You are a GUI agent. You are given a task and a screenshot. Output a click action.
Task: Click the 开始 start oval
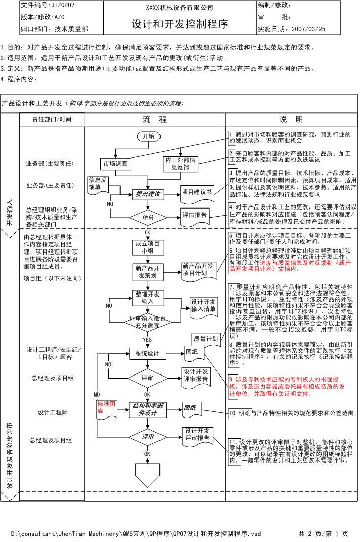click(148, 136)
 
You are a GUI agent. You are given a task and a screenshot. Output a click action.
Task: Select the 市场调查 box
click(115, 164)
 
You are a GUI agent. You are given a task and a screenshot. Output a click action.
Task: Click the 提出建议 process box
click(148, 194)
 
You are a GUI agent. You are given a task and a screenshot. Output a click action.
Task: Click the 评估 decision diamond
click(148, 217)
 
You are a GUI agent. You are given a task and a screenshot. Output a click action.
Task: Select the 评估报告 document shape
click(195, 215)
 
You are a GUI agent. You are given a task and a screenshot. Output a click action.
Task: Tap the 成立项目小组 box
click(148, 247)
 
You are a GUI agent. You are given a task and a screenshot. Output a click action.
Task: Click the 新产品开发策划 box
click(148, 272)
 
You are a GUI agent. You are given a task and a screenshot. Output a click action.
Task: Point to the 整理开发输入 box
click(148, 298)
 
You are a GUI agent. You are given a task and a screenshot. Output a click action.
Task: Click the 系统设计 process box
click(148, 353)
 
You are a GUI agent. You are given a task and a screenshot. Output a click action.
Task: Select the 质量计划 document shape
click(206, 339)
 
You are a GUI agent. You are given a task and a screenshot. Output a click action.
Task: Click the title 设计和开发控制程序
click(180, 24)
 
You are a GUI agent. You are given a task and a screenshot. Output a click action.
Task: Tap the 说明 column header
click(291, 120)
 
